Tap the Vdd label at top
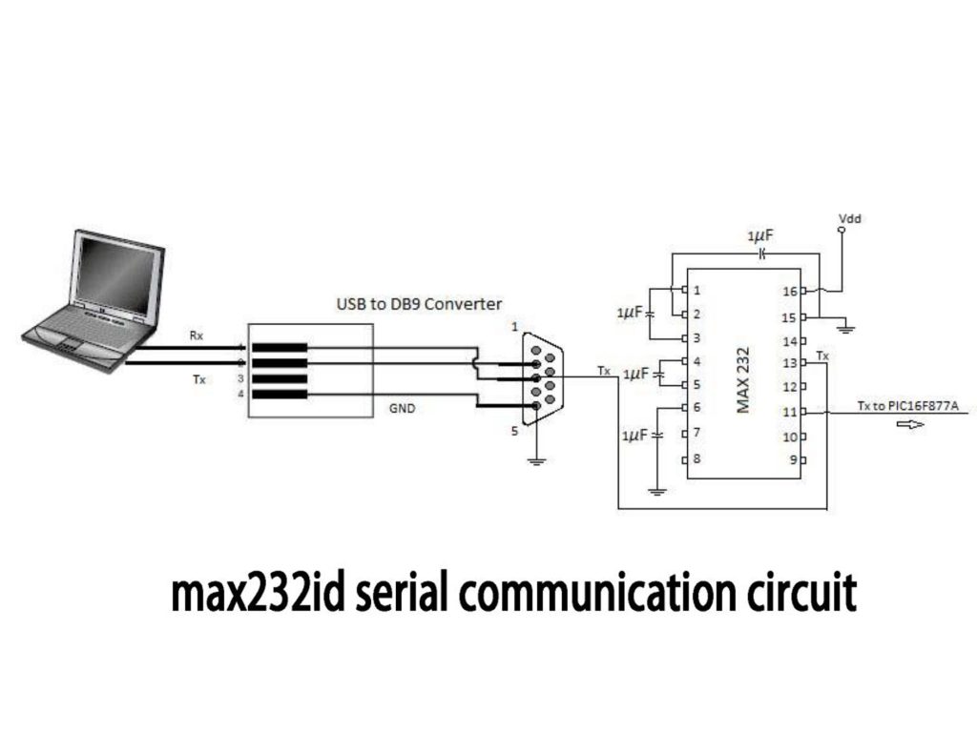click(848, 219)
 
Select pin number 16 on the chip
click(789, 290)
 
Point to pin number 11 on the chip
click(789, 412)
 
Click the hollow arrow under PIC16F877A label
click(910, 425)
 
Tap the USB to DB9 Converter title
click(419, 304)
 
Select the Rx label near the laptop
click(195, 337)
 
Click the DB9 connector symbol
click(543, 377)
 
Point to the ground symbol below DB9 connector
click(536, 462)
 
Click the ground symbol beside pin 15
click(845, 330)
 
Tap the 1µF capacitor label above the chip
click(759, 234)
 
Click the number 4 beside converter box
click(240, 393)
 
